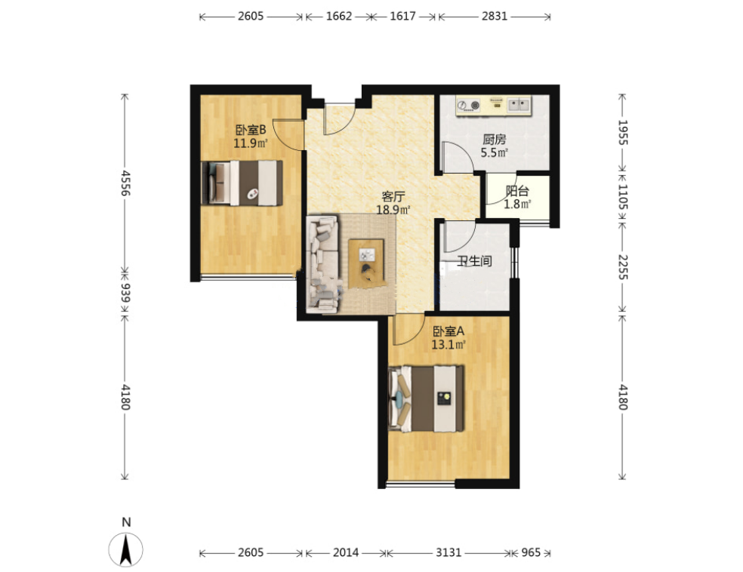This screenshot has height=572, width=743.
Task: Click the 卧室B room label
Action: click(x=251, y=129)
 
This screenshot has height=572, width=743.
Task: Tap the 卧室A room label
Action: click(x=449, y=331)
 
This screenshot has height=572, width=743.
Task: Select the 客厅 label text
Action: click(x=393, y=196)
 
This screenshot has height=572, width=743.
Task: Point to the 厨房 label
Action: click(x=495, y=139)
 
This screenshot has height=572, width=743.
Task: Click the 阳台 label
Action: click(x=517, y=191)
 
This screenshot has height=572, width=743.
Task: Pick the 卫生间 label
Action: click(x=474, y=261)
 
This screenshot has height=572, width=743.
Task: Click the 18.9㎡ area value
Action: click(x=393, y=210)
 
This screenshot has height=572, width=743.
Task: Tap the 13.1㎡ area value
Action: click(x=449, y=344)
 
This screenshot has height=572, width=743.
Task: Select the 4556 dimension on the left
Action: click(x=125, y=183)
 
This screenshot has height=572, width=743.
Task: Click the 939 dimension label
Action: click(x=125, y=293)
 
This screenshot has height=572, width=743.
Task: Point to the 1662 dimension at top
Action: click(x=339, y=16)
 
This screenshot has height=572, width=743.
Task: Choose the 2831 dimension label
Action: click(x=495, y=16)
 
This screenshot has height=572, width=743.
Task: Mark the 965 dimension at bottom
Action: click(x=531, y=552)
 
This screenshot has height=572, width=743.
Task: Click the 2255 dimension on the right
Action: click(x=623, y=267)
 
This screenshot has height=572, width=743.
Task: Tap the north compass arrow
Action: click(x=125, y=549)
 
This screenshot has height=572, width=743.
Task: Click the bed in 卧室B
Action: click(x=242, y=183)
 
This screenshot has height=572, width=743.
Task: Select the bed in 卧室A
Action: click(x=426, y=398)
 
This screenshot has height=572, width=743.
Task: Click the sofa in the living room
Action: click(x=324, y=264)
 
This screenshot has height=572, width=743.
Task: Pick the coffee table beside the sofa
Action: click(x=366, y=263)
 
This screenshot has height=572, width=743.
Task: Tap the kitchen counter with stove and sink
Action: click(x=493, y=106)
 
